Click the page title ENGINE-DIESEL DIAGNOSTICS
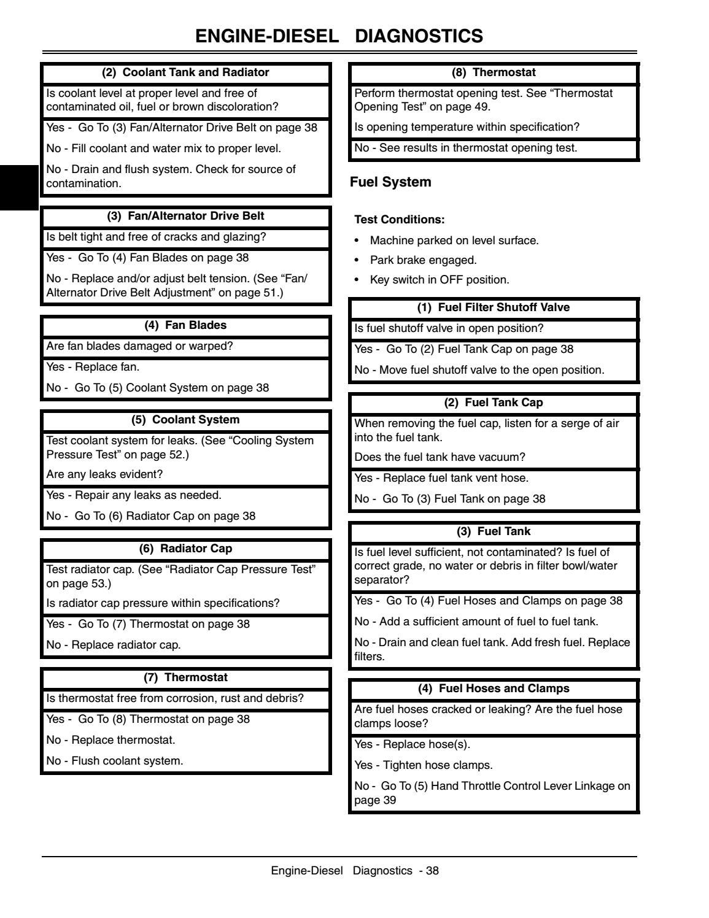[x=339, y=36]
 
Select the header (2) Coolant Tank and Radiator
[x=185, y=72]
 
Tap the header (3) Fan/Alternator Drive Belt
[x=185, y=216]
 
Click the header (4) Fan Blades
[x=185, y=325]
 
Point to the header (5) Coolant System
[x=185, y=420]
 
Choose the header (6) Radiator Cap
[x=185, y=549]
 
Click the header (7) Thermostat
[x=185, y=677]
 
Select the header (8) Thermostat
[x=494, y=72]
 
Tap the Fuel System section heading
[x=390, y=182]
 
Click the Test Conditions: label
[x=400, y=220]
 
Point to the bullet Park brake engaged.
[x=423, y=260]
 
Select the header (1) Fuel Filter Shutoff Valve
[x=494, y=307]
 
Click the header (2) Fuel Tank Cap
[x=494, y=403]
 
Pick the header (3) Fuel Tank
[x=494, y=531]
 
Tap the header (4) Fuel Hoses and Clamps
[x=494, y=688]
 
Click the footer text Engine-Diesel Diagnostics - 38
[x=355, y=871]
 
